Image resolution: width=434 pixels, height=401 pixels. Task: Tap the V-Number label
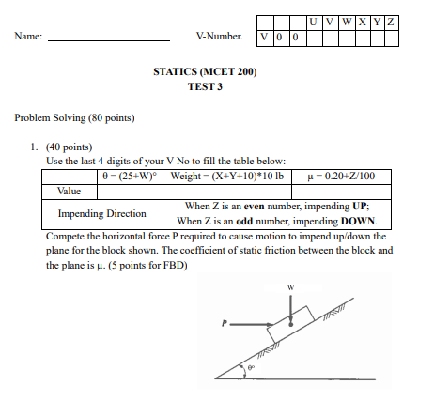[220, 38]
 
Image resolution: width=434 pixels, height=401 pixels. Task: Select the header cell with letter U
[313, 22]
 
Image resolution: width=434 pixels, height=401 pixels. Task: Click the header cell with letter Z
[390, 22]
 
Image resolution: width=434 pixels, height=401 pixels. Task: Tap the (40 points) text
[69, 147]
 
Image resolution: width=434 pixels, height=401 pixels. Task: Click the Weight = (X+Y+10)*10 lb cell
[229, 175]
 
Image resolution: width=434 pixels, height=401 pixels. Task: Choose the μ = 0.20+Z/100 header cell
[341, 175]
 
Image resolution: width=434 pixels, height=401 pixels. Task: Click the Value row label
[70, 190]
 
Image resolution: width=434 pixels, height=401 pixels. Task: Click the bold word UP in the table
[359, 206]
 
